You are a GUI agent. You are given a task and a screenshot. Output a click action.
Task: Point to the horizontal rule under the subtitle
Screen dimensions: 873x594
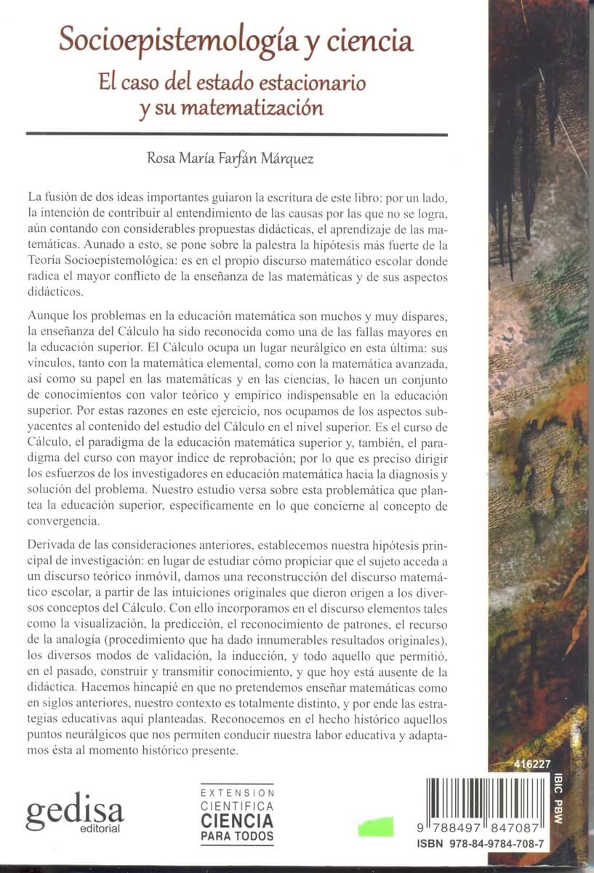236,134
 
